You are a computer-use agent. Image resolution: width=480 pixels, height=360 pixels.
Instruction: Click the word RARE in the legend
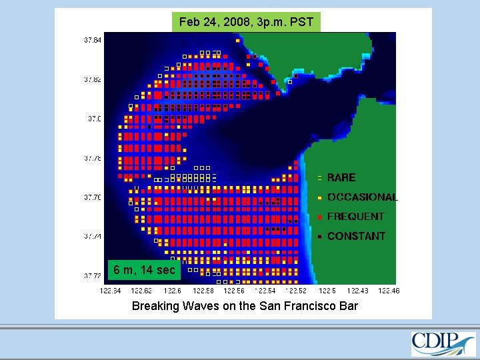pos(341,178)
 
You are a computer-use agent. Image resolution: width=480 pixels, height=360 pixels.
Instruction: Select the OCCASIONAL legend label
pos(362,197)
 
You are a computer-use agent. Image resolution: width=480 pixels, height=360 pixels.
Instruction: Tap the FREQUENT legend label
pos(355,217)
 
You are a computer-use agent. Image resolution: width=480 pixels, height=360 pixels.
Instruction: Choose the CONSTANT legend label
pos(356,236)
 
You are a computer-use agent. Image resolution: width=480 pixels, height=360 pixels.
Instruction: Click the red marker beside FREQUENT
pos(320,217)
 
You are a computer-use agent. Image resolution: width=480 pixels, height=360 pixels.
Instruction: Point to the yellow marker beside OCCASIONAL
pos(320,198)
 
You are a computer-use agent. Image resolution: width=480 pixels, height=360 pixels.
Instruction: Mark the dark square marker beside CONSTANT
pos(320,237)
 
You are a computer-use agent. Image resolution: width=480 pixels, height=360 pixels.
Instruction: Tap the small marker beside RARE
pos(320,178)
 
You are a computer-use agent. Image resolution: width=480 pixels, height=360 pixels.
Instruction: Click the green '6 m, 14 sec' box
pos(144,270)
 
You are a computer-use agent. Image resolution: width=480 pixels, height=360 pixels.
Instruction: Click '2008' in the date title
pos(233,22)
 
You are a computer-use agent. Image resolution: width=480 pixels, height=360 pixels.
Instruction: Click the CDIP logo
pos(443,343)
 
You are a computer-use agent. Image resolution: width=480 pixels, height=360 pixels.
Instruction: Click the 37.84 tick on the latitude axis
pos(93,40)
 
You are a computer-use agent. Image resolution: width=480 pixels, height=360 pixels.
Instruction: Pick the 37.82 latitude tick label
pos(93,79)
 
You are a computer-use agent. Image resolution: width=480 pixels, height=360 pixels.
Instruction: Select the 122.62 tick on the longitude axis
pos(141,291)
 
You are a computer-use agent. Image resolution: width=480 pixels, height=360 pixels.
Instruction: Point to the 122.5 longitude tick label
pos(327,291)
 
